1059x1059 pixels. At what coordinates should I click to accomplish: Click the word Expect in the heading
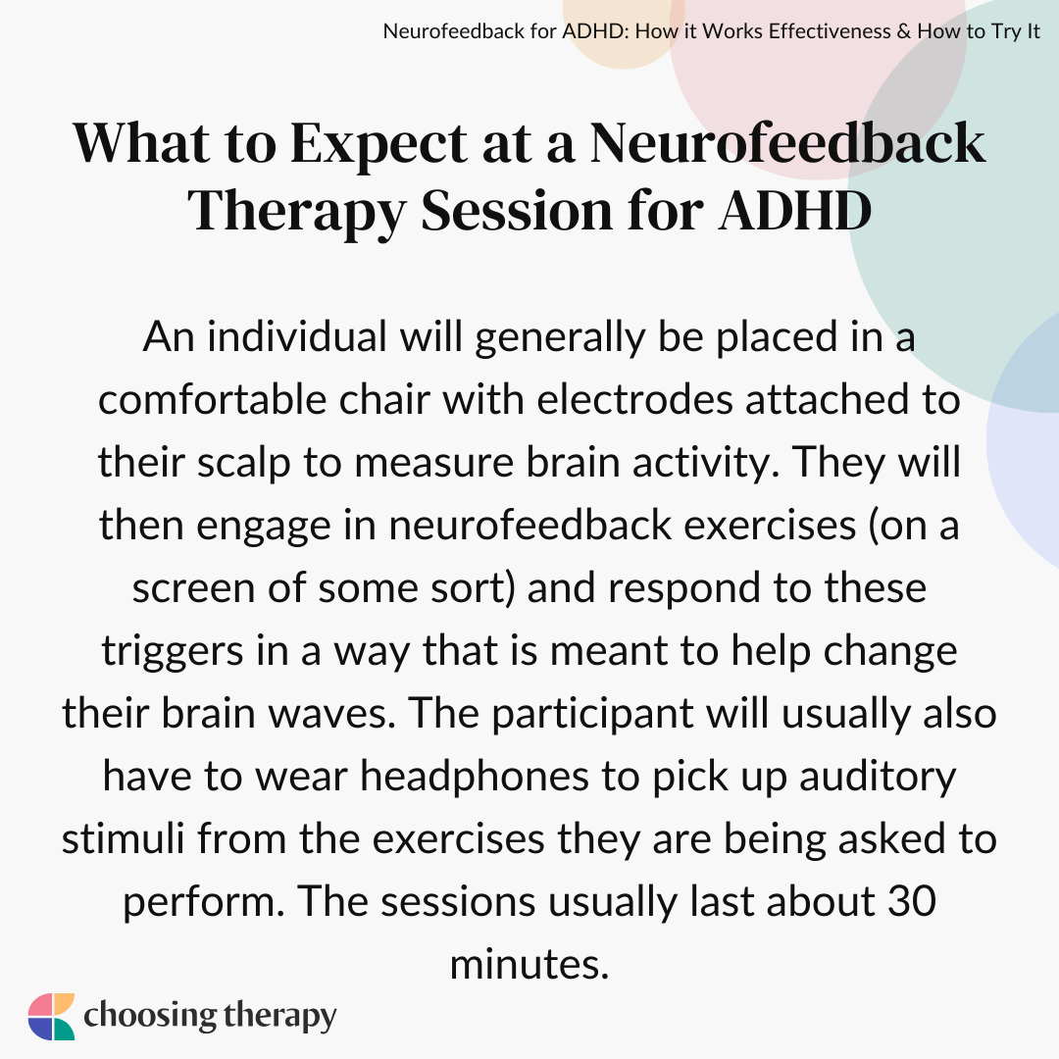point(378,145)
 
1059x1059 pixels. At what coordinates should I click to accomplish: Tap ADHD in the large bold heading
point(795,210)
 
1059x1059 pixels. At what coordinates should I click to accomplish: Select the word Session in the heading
point(516,210)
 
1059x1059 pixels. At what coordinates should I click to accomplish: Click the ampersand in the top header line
point(904,31)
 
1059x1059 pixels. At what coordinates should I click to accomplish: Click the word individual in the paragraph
point(296,336)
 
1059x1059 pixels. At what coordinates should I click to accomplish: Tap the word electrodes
point(634,399)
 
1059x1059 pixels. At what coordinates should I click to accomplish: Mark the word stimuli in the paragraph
point(123,838)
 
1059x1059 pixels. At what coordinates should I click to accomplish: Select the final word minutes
point(529,965)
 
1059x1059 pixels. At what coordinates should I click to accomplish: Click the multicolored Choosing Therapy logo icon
point(51,1017)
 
